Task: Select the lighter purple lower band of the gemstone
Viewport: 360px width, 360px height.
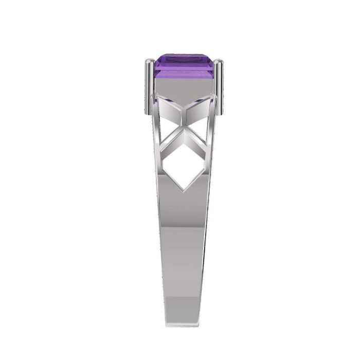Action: (x=184, y=75)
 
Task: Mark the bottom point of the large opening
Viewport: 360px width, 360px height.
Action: (x=184, y=189)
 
